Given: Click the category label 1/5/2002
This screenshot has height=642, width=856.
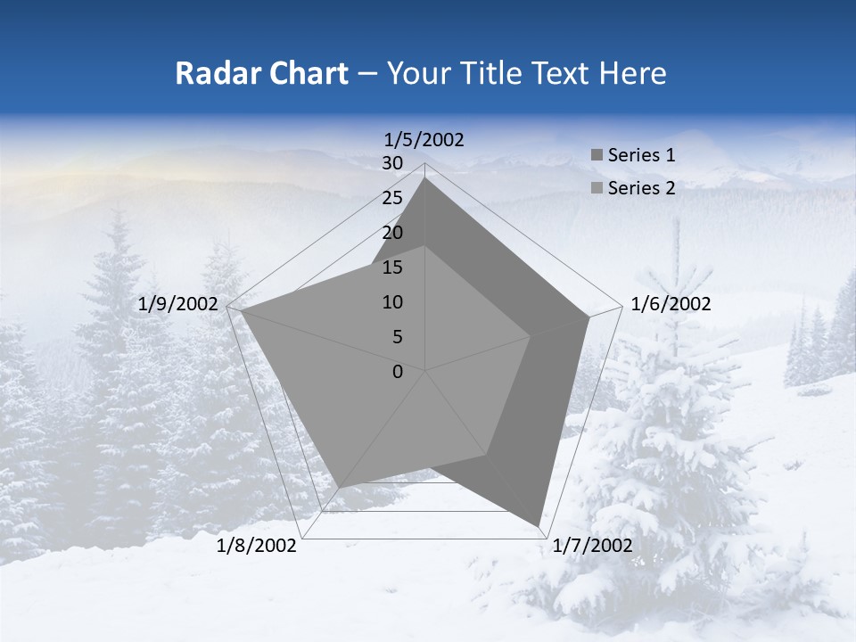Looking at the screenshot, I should coord(424,139).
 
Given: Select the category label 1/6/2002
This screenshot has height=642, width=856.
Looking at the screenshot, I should coord(671,304).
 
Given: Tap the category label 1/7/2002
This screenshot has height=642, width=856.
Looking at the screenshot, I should coord(592,546).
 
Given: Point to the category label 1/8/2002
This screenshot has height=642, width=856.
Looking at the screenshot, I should coord(257,546).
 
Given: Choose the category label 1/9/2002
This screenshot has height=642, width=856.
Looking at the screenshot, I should coord(178,304).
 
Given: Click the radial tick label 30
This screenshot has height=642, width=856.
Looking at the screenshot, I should coord(392,163).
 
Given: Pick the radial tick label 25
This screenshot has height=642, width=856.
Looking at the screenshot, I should coord(392,198).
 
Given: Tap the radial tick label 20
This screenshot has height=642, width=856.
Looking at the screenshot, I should coord(392,233).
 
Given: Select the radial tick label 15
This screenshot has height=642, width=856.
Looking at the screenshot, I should coord(392,267).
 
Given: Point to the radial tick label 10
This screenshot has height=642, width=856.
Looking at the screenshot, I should coord(392,302).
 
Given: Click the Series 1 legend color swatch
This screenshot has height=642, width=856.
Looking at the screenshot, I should coord(597,156).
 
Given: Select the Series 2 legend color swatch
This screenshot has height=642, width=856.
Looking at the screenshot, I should coord(597,188).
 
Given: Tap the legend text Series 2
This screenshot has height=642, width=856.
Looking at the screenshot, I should coord(641,188).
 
